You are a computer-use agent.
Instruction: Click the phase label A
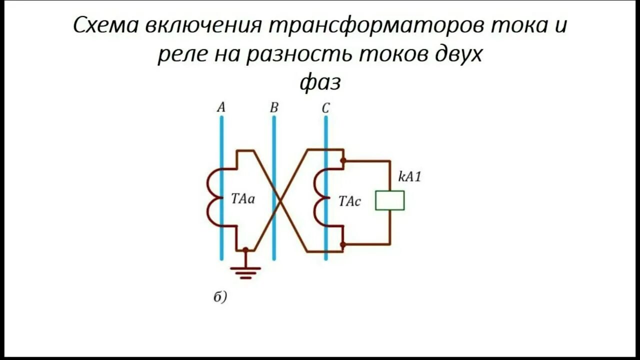click(221, 107)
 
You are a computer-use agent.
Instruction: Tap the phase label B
click(273, 107)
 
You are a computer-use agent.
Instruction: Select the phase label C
click(325, 107)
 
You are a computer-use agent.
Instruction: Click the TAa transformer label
click(243, 199)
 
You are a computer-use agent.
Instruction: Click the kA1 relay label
click(409, 176)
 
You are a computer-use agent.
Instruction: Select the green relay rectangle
click(390, 200)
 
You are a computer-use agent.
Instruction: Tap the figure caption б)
click(220, 297)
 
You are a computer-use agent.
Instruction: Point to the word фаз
click(320, 83)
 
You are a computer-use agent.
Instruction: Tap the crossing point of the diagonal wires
click(280, 200)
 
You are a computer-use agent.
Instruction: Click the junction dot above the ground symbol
click(245, 249)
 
